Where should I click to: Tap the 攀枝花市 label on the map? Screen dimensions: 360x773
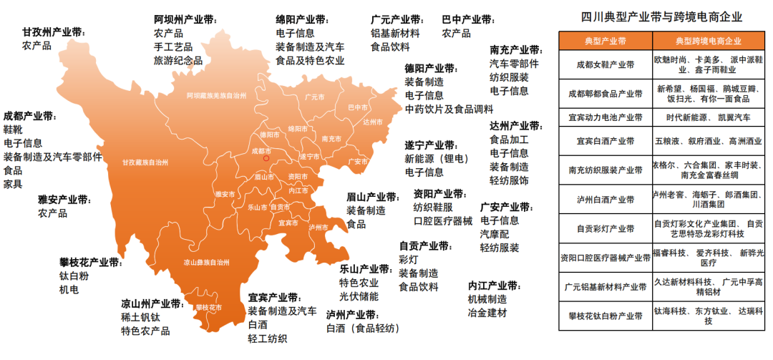coord(208,307)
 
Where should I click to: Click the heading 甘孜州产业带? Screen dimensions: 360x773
coord(54,32)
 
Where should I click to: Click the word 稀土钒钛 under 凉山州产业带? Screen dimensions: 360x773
coord(145,317)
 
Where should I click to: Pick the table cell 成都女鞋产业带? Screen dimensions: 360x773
coord(605,64)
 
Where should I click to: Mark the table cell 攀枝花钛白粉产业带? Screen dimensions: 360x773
coord(605,315)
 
